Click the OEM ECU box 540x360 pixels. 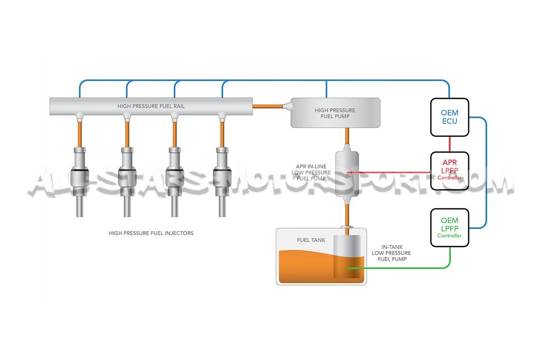(x=450, y=117)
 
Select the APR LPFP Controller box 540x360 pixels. (x=450, y=171)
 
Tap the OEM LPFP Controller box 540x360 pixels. (x=450, y=227)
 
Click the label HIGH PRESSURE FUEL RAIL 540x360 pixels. (x=151, y=107)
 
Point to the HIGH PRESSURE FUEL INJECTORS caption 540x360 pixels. (x=151, y=233)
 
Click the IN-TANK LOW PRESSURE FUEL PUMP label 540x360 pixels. (x=391, y=253)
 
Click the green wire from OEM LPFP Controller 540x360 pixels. (x=405, y=269)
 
